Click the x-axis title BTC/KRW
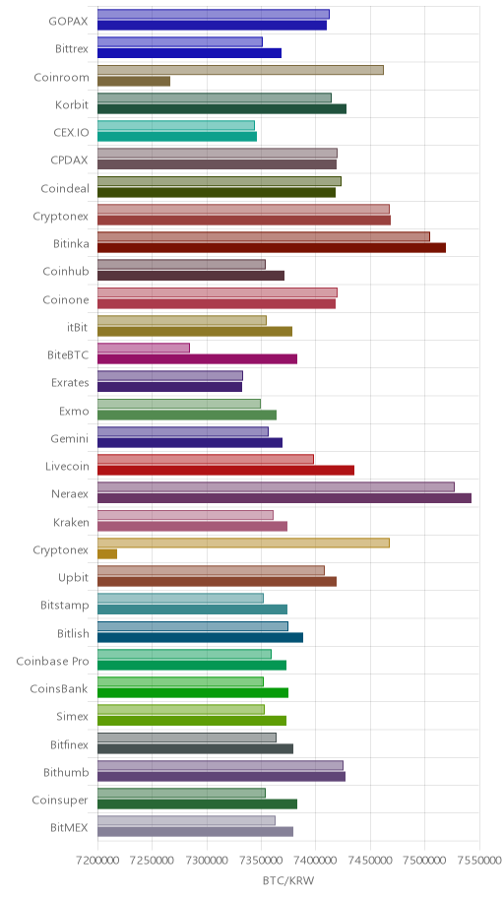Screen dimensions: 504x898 [288, 880]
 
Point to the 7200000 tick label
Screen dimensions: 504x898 [97, 861]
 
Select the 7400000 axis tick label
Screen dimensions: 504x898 [316, 861]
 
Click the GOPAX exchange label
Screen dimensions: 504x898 [69, 22]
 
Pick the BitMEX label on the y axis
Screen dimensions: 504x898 [69, 827]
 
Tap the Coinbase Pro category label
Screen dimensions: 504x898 [53, 662]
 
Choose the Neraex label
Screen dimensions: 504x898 [71, 493]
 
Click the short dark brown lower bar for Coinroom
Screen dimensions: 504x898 [134, 82]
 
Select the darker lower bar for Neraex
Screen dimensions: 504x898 [284, 498]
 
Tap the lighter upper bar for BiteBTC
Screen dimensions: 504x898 [143, 348]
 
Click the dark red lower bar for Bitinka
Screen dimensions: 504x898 [272, 247]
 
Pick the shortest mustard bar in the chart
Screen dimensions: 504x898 [107, 553]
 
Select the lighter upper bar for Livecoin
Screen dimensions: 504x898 [206, 459]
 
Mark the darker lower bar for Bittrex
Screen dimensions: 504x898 [189, 53]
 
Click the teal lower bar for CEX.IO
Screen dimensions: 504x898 [177, 136]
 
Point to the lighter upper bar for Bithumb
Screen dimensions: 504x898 [220, 765]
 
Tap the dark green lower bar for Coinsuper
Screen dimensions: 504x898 [197, 804]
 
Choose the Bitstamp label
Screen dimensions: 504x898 [65, 605]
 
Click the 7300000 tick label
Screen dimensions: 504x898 [207, 861]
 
